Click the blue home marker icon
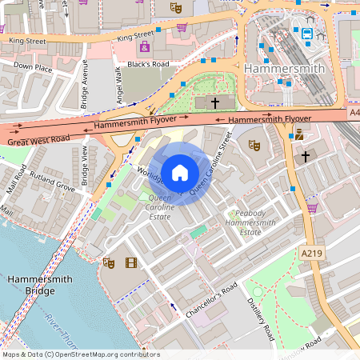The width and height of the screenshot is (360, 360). (179, 172)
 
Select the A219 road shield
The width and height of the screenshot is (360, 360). (312, 253)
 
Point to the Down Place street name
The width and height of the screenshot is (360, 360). (33, 67)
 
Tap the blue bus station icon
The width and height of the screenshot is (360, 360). (307, 33)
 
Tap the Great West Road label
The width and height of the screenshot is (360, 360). (38, 141)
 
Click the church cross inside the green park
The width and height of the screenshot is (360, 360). (214, 102)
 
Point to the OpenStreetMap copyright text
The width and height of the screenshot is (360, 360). (81, 354)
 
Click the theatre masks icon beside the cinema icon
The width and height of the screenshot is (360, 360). (110, 262)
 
